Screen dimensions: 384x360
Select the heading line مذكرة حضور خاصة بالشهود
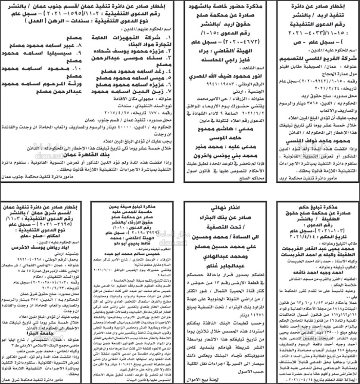[225, 6]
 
